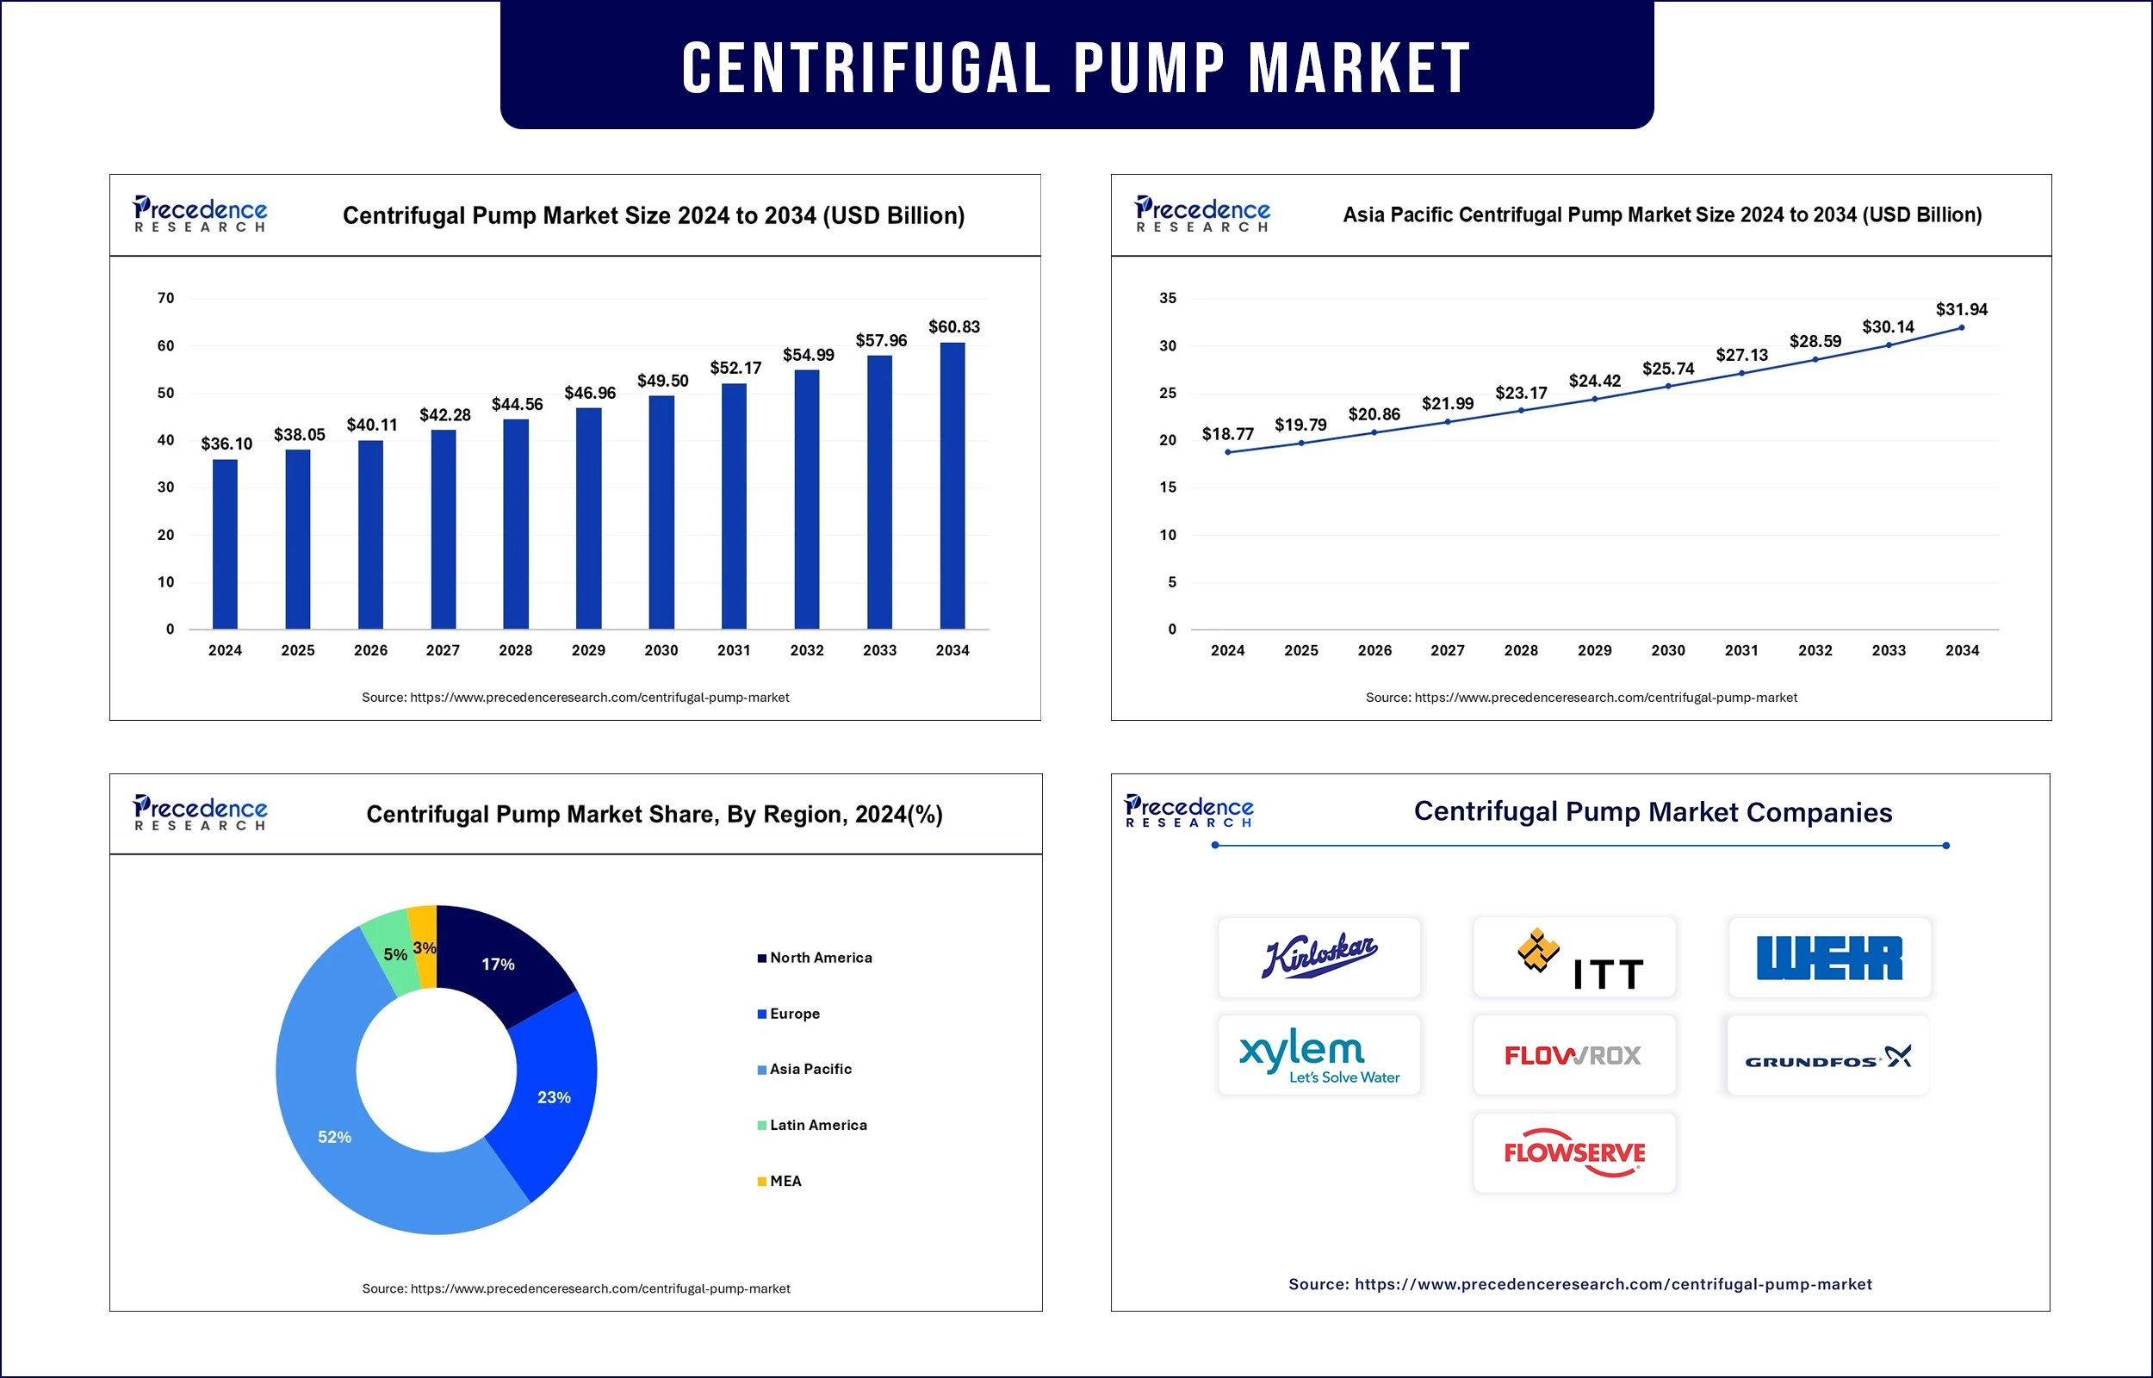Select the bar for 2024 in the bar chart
(225, 544)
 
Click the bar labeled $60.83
(952, 485)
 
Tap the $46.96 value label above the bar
(589, 393)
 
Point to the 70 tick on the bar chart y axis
(165, 298)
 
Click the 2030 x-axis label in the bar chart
(661, 650)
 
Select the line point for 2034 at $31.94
(1962, 327)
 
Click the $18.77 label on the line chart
(1227, 434)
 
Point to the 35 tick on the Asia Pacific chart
(1167, 298)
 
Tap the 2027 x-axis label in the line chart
(1448, 650)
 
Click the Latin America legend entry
(817, 1125)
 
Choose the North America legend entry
(820, 958)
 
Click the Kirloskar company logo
(1319, 957)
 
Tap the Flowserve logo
(1574, 1152)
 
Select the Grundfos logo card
(1828, 1057)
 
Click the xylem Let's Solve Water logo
(1319, 1056)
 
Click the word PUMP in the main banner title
(1149, 68)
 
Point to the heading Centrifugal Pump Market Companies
(1652, 811)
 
